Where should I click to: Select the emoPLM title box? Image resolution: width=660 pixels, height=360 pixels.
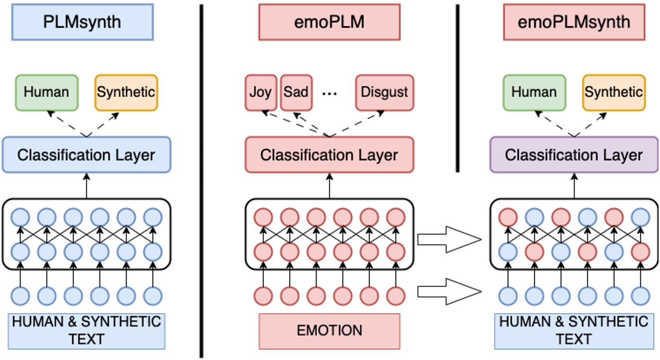[329, 22]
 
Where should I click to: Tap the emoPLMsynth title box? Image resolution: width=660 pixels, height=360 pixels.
[574, 22]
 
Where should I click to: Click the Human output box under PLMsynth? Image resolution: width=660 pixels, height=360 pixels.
[46, 92]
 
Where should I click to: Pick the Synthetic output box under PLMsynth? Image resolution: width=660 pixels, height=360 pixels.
[126, 92]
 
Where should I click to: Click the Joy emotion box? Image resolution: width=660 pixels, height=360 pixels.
[261, 92]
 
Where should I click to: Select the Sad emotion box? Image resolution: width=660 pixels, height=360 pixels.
[296, 92]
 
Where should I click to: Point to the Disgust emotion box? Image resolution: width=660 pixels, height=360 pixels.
[384, 92]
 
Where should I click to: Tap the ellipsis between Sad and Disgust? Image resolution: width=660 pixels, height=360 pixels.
[330, 93]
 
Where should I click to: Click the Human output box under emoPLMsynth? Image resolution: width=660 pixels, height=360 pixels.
[534, 92]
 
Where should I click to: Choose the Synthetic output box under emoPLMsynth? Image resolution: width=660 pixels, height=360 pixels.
[613, 92]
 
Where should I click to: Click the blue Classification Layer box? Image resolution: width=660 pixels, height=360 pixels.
[86, 155]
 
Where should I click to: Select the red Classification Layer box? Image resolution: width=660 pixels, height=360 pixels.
[329, 155]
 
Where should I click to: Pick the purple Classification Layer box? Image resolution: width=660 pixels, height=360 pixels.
[574, 155]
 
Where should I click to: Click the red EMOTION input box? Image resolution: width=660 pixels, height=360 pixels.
[329, 331]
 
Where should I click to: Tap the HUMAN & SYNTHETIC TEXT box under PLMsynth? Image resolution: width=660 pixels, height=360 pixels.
[87, 331]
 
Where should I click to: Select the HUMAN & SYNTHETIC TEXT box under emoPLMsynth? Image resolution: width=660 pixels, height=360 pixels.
[574, 331]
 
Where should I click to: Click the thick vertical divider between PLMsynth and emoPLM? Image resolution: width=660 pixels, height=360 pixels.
[201, 181]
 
